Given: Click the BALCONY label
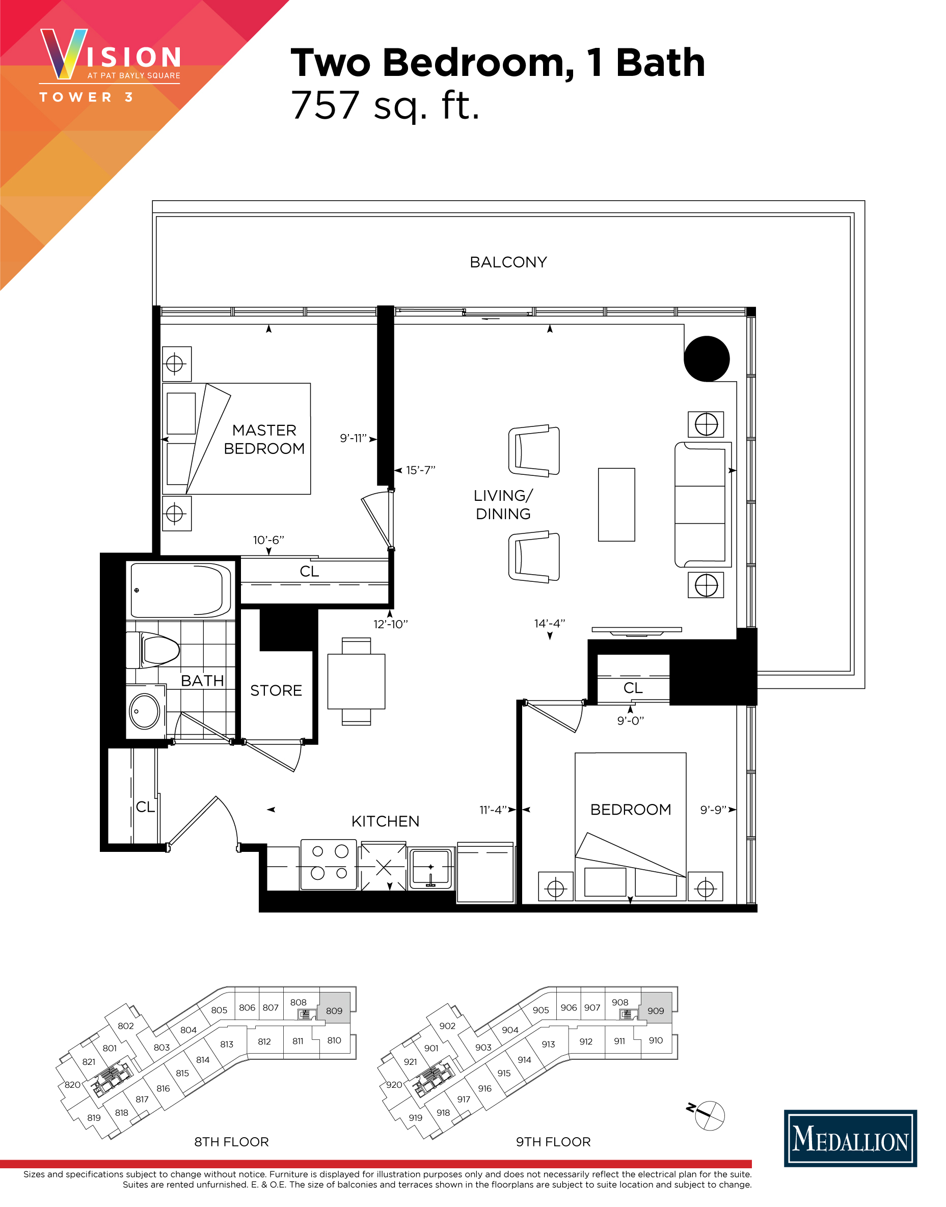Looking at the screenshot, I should (508, 262).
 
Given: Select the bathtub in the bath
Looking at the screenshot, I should (180, 591).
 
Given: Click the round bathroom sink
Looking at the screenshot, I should (145, 711).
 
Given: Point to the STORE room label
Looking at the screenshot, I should (276, 691).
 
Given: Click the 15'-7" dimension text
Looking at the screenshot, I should (420, 470).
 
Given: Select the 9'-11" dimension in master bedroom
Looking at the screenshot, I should (353, 439).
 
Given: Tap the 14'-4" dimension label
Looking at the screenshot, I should (549, 624).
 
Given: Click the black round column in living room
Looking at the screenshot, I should (706, 359).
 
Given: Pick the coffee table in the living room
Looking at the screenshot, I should (616, 504).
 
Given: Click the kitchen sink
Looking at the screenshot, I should (431, 868).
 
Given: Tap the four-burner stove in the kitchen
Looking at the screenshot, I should (329, 864).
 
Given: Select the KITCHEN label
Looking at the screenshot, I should (385, 821).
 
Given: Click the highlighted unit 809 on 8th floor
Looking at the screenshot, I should (334, 1010).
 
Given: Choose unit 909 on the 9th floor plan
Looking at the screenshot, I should (656, 1010).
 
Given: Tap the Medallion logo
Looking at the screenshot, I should (850, 1138).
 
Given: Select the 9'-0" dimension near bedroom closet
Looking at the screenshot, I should (630, 720).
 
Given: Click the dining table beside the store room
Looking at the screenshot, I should (356, 681).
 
